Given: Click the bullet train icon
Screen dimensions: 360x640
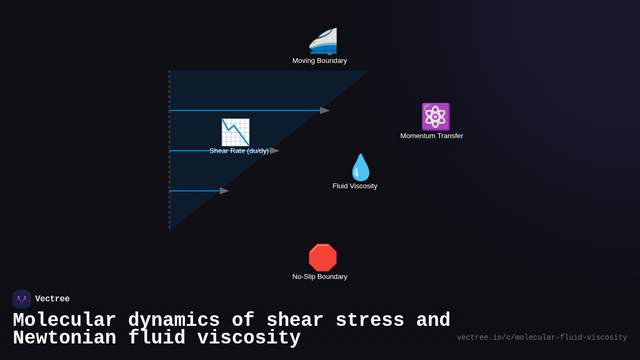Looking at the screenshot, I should click(323, 41).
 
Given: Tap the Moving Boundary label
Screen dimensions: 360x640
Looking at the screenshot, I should click(319, 61).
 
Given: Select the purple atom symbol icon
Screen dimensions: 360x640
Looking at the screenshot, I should click(436, 117).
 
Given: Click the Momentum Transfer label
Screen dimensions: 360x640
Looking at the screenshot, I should click(431, 136).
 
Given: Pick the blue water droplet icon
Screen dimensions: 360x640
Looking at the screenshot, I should click(361, 167).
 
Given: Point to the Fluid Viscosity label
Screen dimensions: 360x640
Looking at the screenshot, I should click(355, 186).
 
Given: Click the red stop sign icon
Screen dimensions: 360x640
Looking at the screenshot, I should click(323, 258).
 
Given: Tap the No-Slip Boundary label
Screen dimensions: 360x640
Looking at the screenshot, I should click(319, 277).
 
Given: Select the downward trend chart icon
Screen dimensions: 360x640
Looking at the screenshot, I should click(235, 132).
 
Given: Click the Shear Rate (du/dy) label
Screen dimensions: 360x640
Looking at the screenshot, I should click(239, 151).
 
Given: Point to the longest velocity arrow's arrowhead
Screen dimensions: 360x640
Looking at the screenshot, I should click(325, 110).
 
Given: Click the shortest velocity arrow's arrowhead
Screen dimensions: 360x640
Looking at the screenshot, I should click(225, 191).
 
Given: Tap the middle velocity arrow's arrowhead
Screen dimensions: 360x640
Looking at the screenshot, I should click(275, 151).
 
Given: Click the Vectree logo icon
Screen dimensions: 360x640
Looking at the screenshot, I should click(22, 299).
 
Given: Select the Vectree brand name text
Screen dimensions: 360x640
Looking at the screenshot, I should click(52, 299).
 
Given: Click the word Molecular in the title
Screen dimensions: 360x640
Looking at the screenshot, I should click(64, 321).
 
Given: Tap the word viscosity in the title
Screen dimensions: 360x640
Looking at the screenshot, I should click(249, 338).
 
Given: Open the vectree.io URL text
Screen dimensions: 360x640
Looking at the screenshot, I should click(541, 338).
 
